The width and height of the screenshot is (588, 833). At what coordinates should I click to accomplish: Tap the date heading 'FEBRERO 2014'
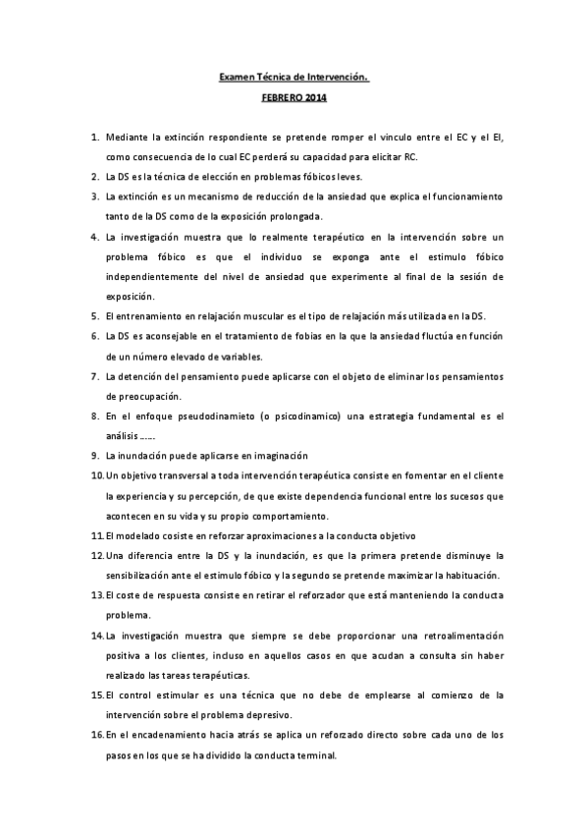coord(294,98)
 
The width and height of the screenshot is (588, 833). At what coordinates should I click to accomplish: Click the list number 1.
coord(94,139)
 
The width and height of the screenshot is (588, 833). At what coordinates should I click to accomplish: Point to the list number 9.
coord(94,456)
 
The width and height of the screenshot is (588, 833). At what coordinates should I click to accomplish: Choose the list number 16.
coord(96,735)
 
